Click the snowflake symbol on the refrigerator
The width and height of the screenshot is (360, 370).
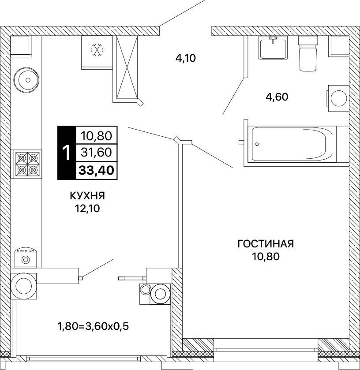[97, 50]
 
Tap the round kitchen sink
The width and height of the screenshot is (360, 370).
[26, 80]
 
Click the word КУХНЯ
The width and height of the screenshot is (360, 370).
[87, 196]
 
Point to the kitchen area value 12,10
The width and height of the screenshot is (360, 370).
[87, 208]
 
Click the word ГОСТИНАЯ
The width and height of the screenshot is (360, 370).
[266, 244]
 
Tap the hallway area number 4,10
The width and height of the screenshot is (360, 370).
[186, 58]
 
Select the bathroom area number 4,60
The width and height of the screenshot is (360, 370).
[277, 97]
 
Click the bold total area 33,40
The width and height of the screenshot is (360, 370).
[96, 170]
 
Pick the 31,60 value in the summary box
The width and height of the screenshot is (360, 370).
[96, 153]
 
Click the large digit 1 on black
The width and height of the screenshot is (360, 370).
[67, 153]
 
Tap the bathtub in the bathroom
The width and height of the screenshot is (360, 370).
[292, 144]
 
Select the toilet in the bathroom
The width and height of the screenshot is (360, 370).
[308, 53]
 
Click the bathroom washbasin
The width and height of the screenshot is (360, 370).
[273, 48]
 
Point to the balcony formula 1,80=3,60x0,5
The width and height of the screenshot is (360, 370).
[93, 327]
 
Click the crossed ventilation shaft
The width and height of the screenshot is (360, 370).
[127, 67]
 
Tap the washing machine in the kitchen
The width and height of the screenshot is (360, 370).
[26, 258]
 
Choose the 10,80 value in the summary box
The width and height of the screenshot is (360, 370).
[96, 136]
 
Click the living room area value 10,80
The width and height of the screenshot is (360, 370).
[266, 256]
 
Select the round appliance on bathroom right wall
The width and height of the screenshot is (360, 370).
[338, 98]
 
